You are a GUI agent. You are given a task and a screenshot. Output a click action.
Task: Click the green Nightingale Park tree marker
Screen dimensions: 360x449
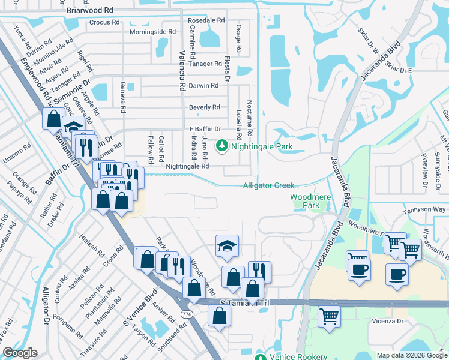(x=222, y=145)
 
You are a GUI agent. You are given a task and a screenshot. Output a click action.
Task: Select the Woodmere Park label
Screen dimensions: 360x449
(x=306, y=201)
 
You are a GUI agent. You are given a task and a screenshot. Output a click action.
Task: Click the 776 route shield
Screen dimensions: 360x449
(x=187, y=315)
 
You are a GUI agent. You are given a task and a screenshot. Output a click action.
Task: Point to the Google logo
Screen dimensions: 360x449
(x=20, y=353)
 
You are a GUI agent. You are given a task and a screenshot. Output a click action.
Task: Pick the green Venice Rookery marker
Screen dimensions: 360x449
(x=260, y=357)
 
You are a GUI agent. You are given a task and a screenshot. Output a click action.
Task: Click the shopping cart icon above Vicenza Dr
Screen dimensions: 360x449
(x=329, y=317)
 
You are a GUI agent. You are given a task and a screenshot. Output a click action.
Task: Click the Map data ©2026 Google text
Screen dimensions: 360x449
(x=412, y=355)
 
